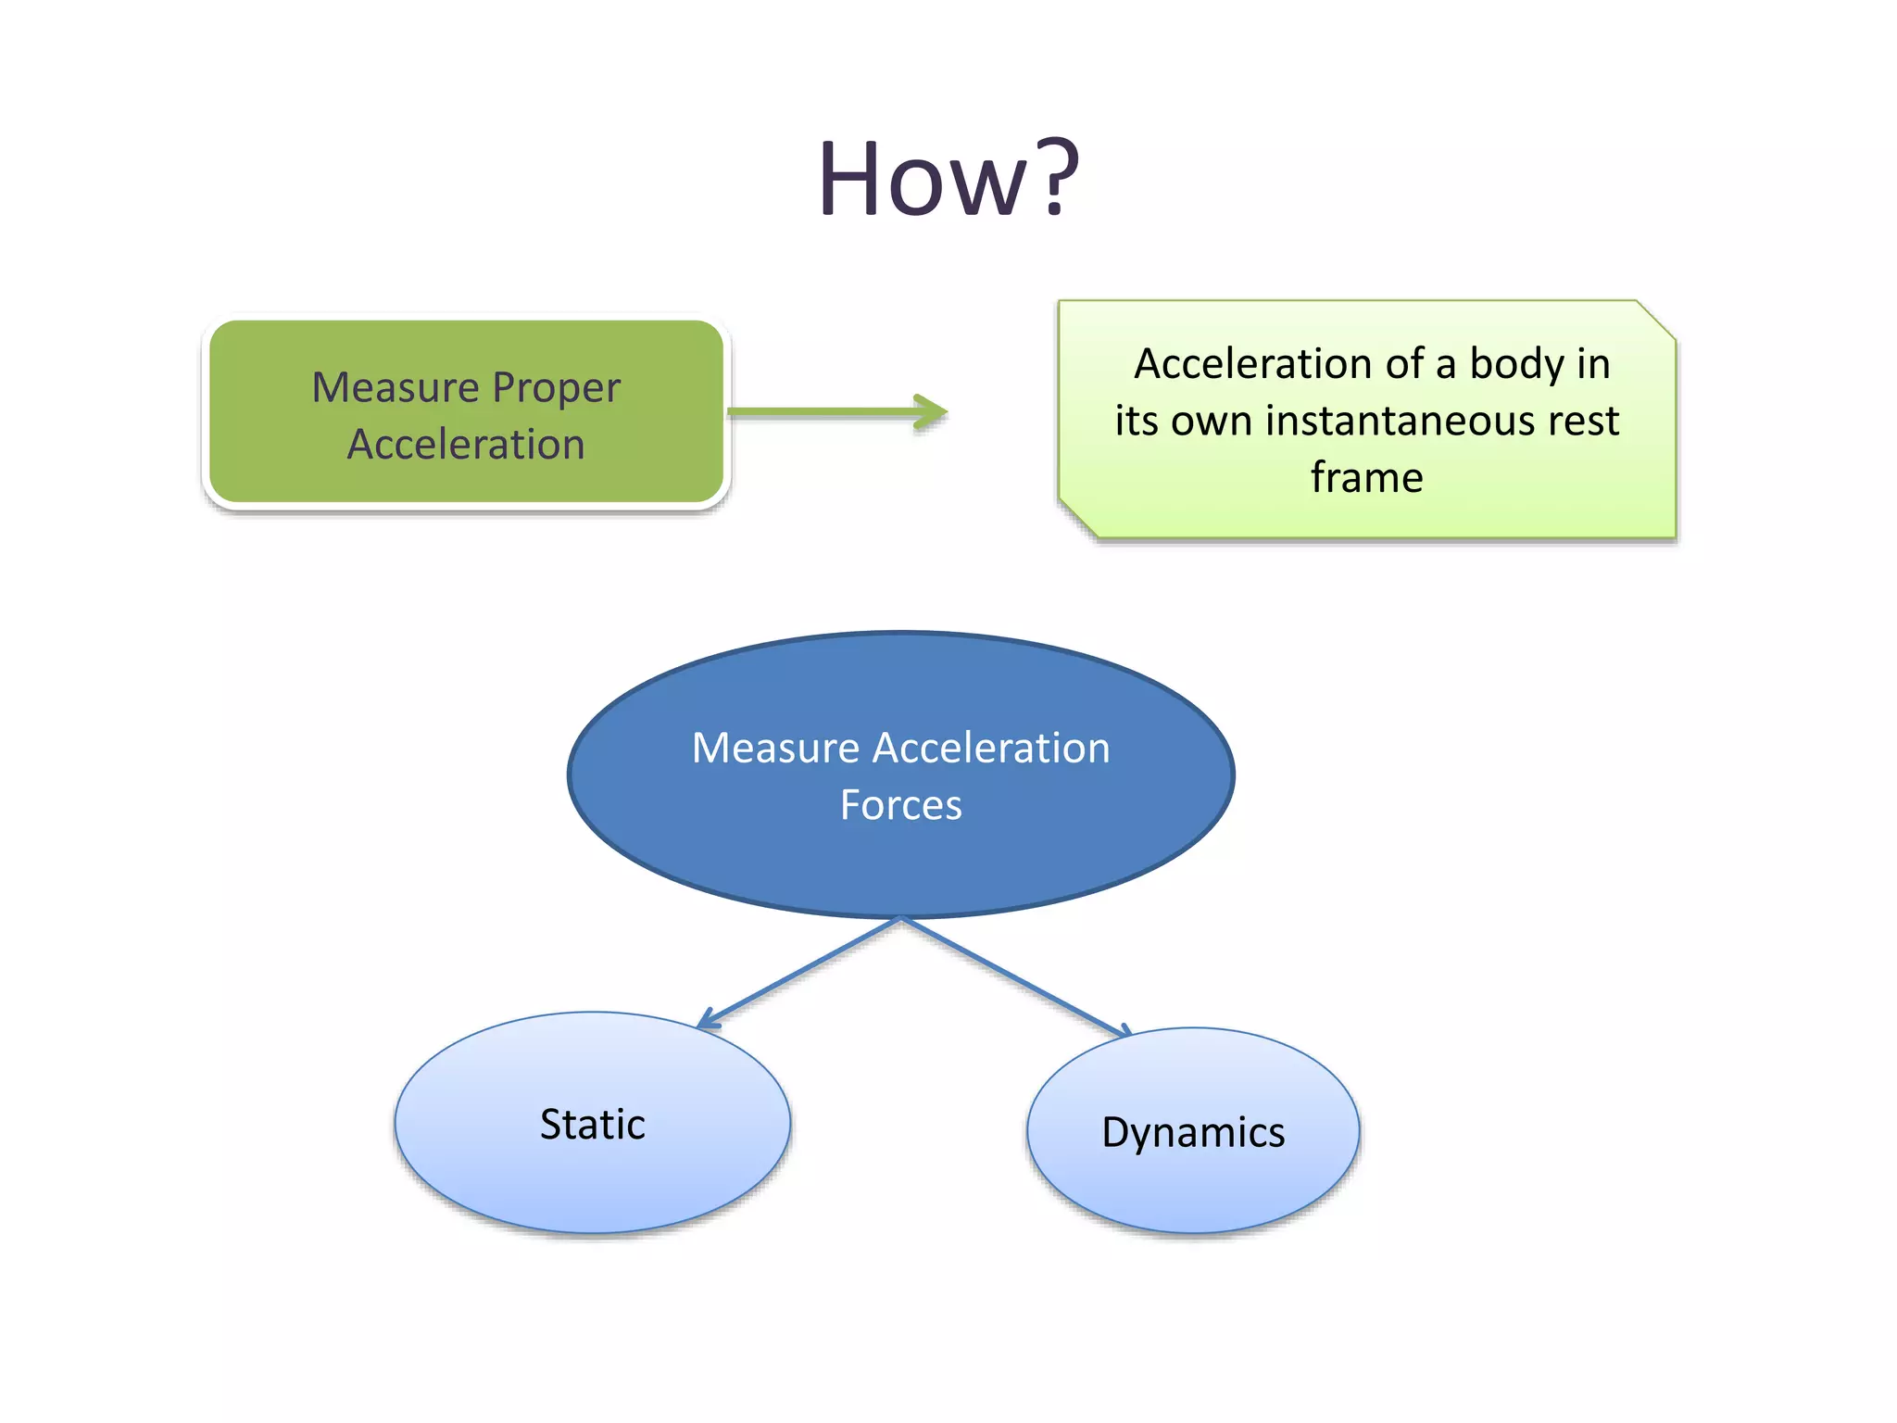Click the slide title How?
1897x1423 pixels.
pyautogui.click(x=948, y=178)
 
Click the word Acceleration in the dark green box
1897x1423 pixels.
pyautogui.click(x=466, y=445)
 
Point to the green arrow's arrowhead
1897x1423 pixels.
pyautogui.click(x=932, y=412)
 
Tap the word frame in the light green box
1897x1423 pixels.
pyautogui.click(x=1366, y=478)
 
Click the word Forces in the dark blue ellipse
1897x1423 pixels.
pyautogui.click(x=900, y=805)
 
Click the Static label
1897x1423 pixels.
pyautogui.click(x=592, y=1125)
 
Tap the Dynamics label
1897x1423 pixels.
pyautogui.click(x=1192, y=1133)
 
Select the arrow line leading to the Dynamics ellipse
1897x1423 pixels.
pyautogui.click(x=1014, y=976)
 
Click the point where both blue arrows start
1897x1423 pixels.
pyautogui.click(x=900, y=918)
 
